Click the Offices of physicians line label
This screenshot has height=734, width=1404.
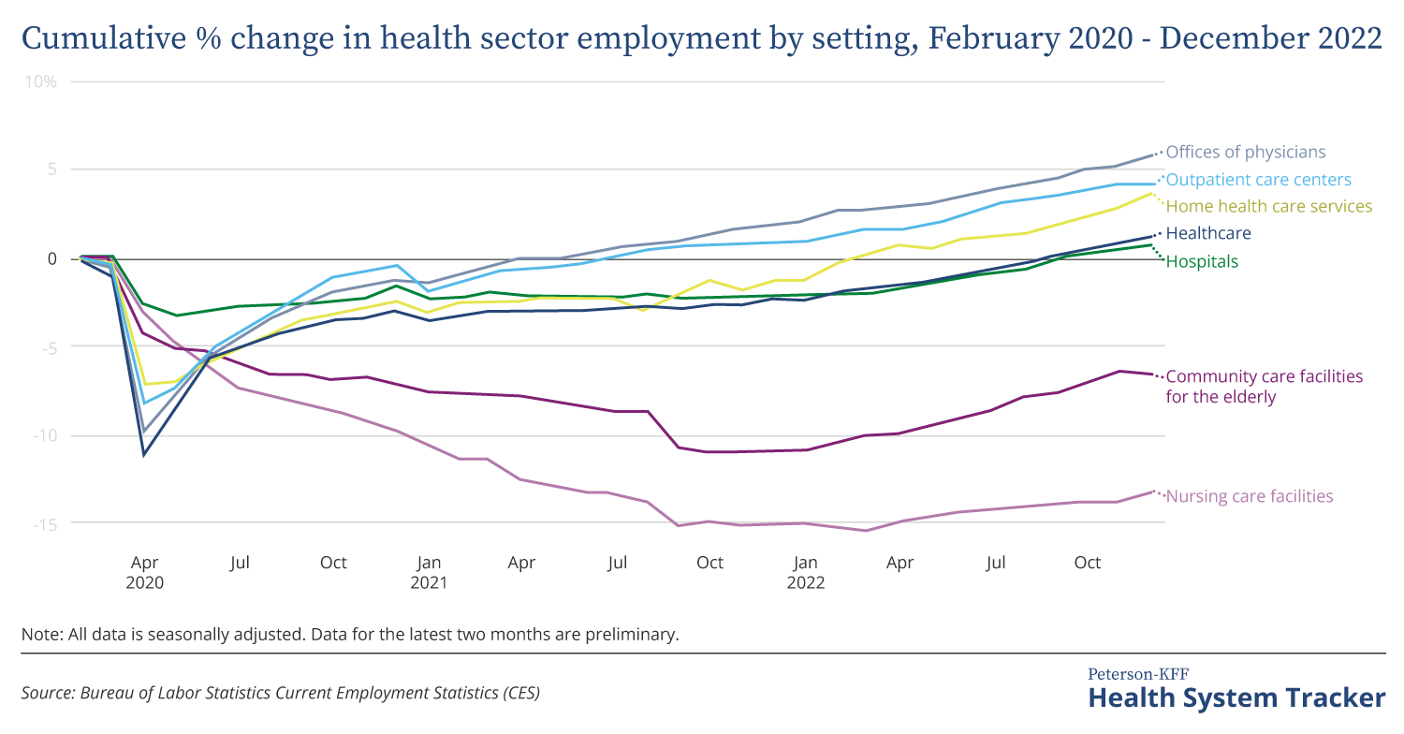pos(1245,152)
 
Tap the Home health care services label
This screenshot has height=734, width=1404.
pos(1268,206)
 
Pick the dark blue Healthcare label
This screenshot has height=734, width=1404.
pos(1208,233)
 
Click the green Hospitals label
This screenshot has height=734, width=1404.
pos(1202,261)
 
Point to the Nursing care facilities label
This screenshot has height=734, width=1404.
pos(1249,496)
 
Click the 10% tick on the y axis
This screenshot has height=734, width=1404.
pos(41,81)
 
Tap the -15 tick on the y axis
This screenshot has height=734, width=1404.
pos(43,523)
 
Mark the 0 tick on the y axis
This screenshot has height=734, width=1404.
pos(52,258)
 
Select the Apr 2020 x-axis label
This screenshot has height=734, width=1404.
pos(145,572)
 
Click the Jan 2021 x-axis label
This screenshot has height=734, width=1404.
pos(429,572)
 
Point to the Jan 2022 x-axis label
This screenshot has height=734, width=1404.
pos(805,572)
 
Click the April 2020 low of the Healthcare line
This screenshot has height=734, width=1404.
pos(144,455)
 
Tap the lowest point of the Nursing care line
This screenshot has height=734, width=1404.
pos(866,531)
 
